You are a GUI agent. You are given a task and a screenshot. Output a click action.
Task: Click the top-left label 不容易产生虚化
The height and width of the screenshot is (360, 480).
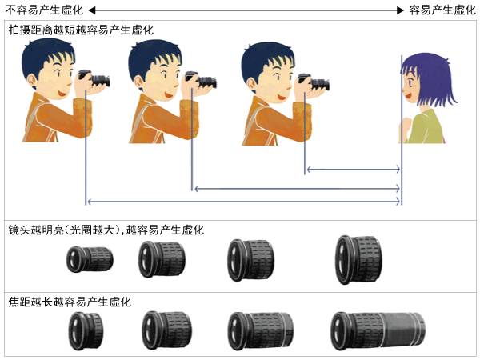point(44,10)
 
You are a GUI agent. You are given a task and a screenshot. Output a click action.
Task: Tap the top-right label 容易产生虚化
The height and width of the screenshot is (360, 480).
point(442,10)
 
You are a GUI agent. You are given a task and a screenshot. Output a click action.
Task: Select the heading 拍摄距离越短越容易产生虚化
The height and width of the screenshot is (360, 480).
point(81,30)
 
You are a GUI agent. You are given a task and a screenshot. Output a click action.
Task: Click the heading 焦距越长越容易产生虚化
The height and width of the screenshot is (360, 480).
point(70,302)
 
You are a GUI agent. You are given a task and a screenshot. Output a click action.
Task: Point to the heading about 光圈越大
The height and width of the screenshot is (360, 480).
point(106,230)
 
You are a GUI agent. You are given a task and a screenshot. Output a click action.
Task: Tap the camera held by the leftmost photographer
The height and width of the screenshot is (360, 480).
point(94,78)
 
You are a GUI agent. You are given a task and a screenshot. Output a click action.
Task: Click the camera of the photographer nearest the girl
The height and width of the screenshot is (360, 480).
point(314,82)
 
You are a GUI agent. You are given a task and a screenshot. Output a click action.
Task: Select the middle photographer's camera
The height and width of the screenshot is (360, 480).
point(201,80)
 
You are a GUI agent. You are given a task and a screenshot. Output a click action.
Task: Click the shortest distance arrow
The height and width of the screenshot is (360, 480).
point(354,169)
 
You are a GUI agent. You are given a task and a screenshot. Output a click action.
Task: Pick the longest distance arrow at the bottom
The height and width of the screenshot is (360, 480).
point(244,202)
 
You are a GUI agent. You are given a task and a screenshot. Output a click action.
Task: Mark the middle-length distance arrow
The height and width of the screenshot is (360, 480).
point(298,189)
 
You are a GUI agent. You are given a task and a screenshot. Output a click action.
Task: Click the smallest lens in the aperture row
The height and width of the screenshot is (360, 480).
point(90,259)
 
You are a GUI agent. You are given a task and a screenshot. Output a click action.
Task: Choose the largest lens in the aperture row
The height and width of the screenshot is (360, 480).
point(358,259)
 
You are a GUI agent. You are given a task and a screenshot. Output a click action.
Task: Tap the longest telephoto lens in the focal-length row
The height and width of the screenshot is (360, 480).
point(378,330)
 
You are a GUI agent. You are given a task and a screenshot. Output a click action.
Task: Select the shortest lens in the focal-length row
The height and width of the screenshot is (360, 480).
point(86,331)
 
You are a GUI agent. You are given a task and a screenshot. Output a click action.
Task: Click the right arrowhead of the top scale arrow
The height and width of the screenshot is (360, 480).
point(401,10)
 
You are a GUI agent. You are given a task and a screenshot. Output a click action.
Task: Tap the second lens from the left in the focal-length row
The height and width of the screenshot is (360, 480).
point(167,330)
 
